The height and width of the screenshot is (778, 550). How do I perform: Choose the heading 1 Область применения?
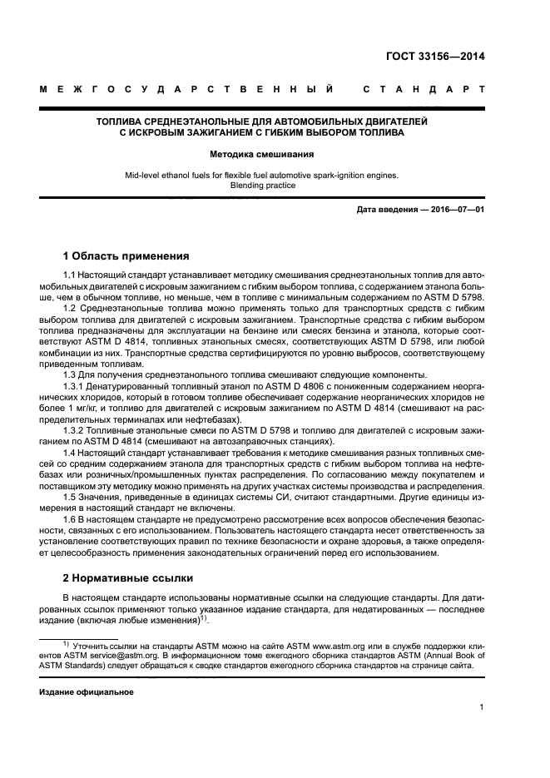(126, 255)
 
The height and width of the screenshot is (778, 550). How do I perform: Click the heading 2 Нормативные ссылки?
(128, 577)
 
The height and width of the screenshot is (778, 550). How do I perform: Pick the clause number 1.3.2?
(75, 429)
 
